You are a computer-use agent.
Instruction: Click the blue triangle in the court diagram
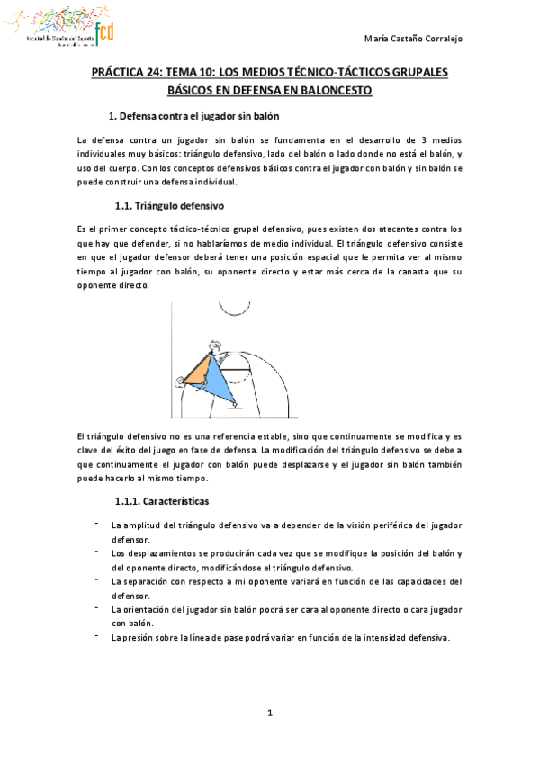[220, 378]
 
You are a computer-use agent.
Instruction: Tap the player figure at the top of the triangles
[213, 346]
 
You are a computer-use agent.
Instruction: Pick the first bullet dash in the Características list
[96, 522]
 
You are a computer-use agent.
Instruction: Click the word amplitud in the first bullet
[143, 525]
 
